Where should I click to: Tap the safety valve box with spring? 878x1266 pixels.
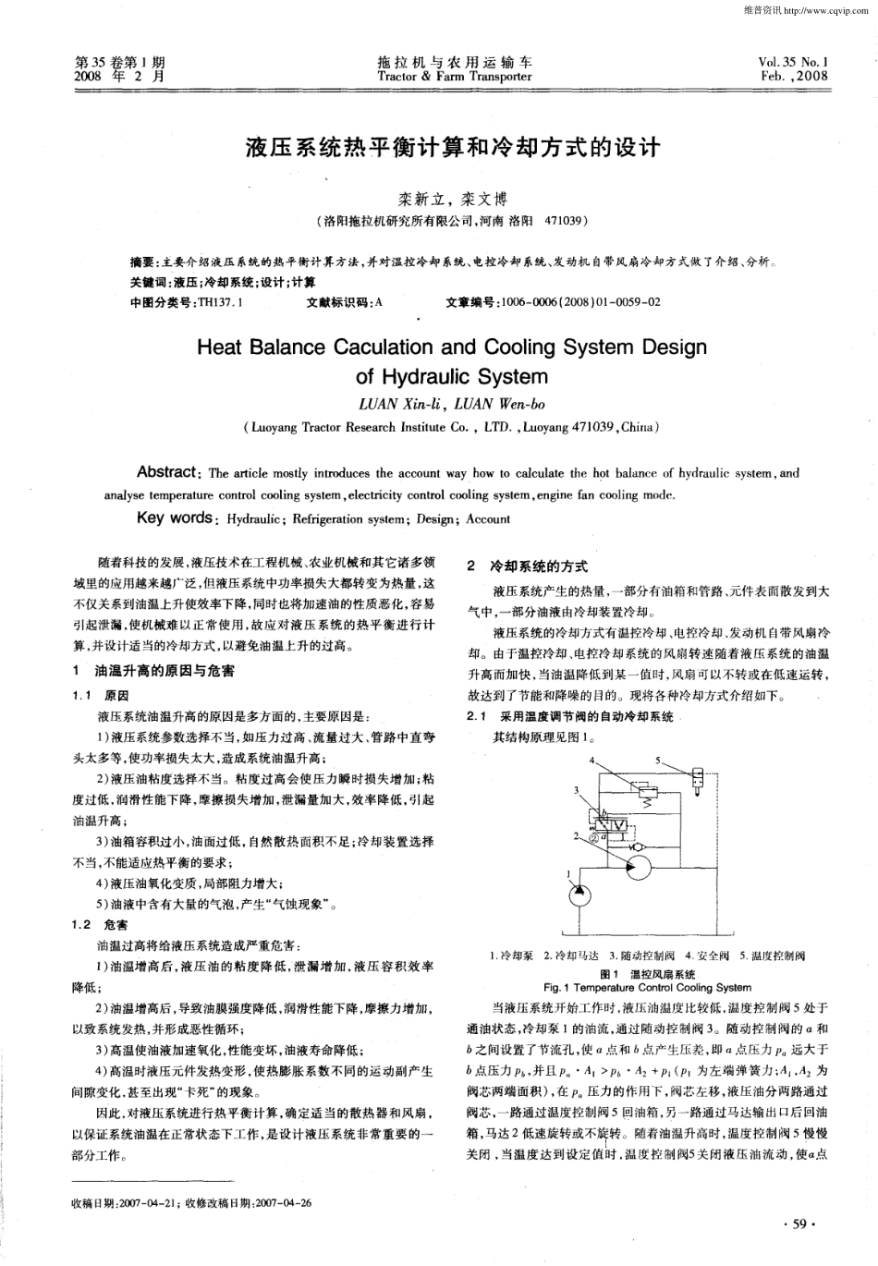tap(647, 795)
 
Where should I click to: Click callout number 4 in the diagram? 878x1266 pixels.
tap(591, 760)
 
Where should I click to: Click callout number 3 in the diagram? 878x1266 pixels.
tap(575, 790)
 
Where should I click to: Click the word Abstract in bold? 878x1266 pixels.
tap(166, 472)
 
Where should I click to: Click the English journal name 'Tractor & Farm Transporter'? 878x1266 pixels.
tap(455, 77)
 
